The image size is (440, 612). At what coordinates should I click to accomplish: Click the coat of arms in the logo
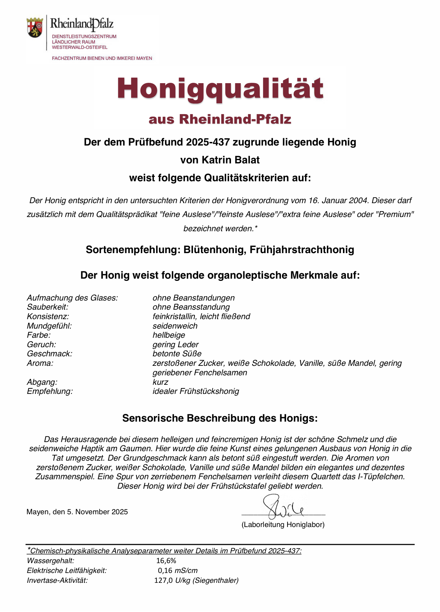[35, 27]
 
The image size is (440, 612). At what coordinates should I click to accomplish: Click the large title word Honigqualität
[220, 89]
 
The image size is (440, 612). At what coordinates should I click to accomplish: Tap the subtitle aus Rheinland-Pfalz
[220, 119]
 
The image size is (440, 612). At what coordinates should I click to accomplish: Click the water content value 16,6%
[166, 561]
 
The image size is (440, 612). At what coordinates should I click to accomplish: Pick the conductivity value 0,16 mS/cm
[178, 570]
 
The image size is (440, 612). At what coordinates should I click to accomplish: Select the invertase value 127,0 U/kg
[196, 580]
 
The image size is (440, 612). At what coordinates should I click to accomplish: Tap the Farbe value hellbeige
[169, 335]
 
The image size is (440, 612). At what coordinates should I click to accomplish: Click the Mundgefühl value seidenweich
[175, 326]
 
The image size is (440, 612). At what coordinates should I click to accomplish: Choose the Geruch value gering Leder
[175, 345]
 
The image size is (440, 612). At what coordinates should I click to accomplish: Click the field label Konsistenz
[48, 317]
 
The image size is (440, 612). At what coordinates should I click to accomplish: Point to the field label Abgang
[42, 382]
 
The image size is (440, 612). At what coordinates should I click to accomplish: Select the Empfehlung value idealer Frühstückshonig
[196, 391]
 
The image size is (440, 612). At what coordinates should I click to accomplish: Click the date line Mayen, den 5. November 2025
[77, 512]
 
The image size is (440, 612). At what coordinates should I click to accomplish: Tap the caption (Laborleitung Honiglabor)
[283, 524]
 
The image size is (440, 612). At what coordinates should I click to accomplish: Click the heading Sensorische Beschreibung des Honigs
[220, 418]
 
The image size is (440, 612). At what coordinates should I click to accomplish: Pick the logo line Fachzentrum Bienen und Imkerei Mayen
[102, 58]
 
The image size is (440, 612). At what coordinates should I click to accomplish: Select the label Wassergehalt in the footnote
[50, 561]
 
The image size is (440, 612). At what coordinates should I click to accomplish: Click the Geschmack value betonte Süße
[177, 354]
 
